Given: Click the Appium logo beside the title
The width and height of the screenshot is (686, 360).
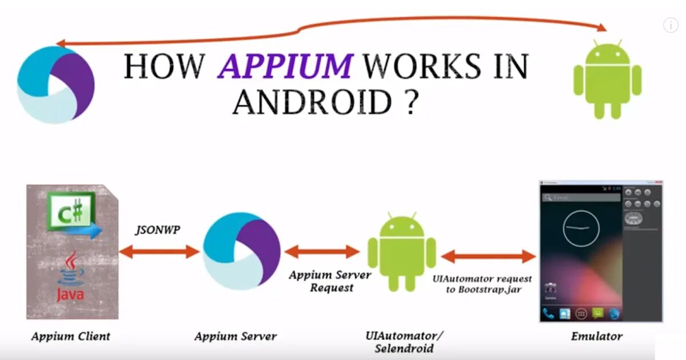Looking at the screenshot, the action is pos(55,85).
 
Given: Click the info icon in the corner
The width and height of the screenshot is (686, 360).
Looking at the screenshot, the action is pos(670,25).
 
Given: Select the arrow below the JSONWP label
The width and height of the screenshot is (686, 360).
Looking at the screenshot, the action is pos(159,251).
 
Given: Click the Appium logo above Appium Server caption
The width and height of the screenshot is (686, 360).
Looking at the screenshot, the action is pos(241,252).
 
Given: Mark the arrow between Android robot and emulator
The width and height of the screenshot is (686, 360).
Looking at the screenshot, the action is pos(489,257).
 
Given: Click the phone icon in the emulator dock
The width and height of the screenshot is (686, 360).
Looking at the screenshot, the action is pos(549,313).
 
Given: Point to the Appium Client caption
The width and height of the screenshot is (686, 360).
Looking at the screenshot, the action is pos(70,336).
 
